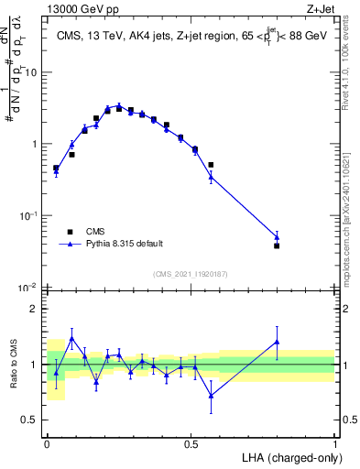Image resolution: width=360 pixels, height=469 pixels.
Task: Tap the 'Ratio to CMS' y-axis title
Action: coord(14,365)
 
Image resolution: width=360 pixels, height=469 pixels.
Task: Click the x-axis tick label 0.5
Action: coord(191,443)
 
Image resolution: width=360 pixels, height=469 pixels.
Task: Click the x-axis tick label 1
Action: coord(335,443)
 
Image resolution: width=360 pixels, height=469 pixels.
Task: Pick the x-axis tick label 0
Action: coord(47,443)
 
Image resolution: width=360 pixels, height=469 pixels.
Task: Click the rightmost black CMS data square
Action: coord(277,245)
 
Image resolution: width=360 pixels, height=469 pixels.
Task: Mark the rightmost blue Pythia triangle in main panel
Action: coord(277,237)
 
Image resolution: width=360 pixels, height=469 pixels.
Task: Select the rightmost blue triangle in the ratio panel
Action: coord(277,342)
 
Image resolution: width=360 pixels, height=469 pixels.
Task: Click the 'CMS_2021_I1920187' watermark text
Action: coord(191,274)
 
